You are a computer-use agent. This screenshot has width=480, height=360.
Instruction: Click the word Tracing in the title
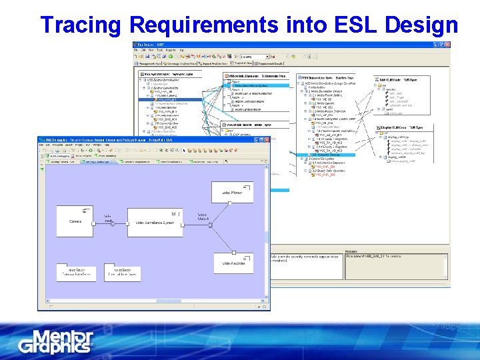[81, 25]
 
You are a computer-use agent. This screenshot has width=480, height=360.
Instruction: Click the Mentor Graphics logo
[56, 341]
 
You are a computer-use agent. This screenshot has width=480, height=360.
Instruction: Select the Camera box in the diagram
[75, 221]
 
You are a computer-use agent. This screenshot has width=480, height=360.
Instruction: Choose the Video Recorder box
[233, 263]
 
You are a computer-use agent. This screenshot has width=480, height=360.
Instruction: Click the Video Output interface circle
[210, 225]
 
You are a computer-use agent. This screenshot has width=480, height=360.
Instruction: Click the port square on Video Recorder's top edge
[233, 253]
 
